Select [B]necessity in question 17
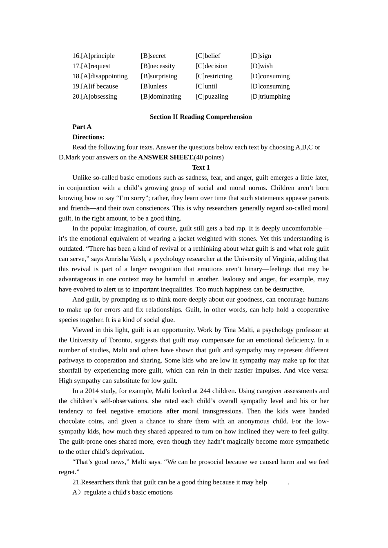point(158,66)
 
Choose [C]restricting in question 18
point(214,76)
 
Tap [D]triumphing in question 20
point(270,97)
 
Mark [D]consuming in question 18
point(270,76)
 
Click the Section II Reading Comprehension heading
point(201,117)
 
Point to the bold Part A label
point(82,127)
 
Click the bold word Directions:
point(88,137)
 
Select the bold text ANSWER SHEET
point(166,157)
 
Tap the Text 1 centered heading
point(201,168)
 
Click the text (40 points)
point(209,157)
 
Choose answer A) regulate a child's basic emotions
point(123,493)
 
